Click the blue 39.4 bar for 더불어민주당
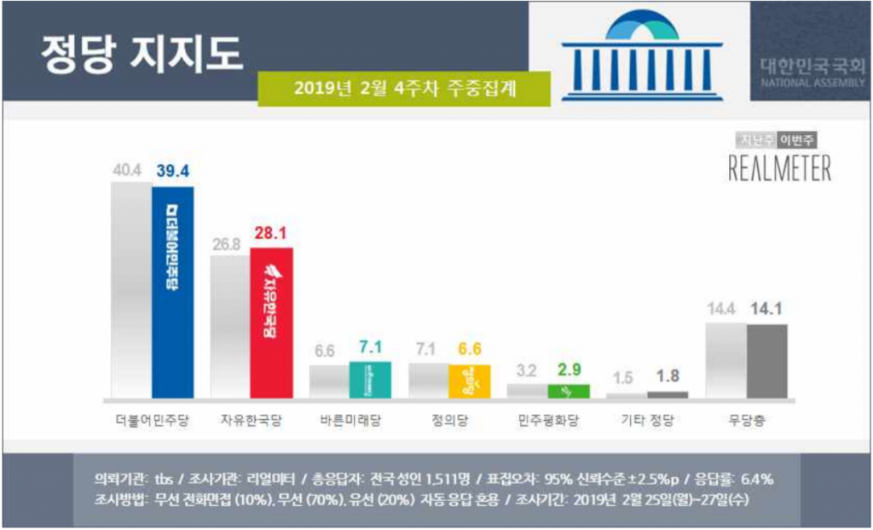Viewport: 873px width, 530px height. click(x=173, y=292)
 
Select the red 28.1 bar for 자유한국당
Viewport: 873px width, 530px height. click(x=272, y=323)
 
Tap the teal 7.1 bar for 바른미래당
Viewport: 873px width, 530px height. click(x=370, y=380)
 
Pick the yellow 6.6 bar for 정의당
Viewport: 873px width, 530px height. click(x=470, y=381)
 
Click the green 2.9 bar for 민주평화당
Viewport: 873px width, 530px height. click(x=569, y=391)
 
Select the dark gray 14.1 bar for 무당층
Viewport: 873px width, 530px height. click(x=766, y=361)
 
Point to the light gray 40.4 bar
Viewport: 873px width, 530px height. click(x=131, y=290)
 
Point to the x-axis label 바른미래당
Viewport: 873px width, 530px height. click(x=350, y=421)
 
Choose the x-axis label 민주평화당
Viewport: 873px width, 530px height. click(x=548, y=421)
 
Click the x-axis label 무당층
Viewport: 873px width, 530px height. click(x=746, y=421)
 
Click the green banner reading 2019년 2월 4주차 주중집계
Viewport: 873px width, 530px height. click(x=404, y=88)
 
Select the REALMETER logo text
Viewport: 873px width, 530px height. click(x=779, y=168)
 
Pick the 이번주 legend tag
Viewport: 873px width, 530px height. click(x=802, y=141)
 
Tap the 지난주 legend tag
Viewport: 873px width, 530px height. click(x=756, y=141)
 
